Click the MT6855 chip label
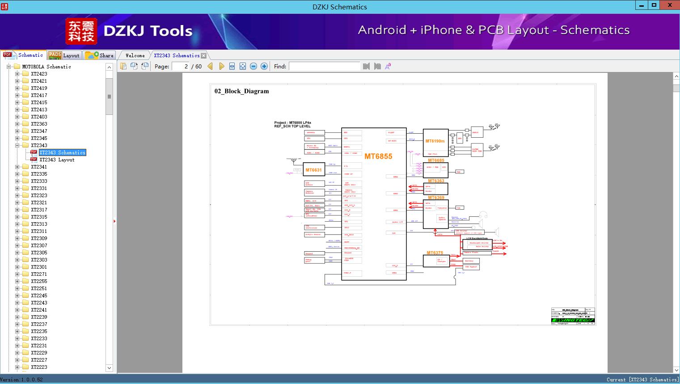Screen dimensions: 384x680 378,156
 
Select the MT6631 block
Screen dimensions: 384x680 314,170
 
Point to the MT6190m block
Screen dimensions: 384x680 435,141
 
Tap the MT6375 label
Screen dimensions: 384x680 435,253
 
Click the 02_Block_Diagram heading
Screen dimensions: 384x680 241,91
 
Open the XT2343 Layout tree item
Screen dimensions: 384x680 57,160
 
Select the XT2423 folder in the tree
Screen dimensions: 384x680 39,74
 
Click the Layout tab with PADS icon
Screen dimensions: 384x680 64,55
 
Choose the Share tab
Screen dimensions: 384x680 100,55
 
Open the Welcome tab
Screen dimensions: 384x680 135,55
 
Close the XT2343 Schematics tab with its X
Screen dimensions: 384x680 204,55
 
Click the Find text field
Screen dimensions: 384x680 324,67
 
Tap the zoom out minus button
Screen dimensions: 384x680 253,67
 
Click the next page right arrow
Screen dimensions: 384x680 221,67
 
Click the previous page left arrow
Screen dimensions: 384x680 210,67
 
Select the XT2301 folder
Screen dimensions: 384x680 39,267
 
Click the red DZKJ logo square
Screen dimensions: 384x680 81,31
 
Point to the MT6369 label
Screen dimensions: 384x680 436,198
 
